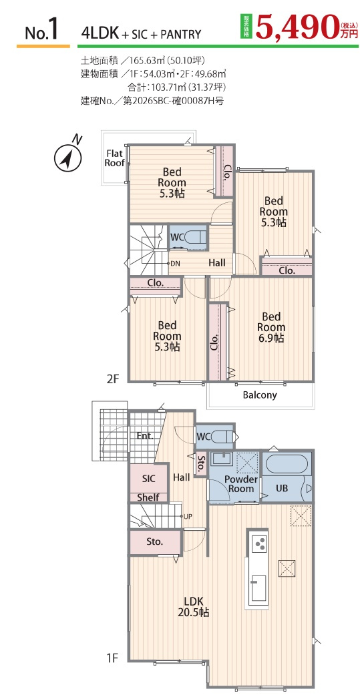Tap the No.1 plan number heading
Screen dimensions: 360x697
(x=42, y=29)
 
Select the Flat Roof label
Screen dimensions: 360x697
(x=114, y=158)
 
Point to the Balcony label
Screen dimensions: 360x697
(x=260, y=395)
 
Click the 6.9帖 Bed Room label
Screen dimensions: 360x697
(x=271, y=328)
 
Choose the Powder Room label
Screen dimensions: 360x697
(x=241, y=484)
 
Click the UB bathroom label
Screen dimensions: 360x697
(x=282, y=487)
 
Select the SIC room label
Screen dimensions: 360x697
(x=148, y=479)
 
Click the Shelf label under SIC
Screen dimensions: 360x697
(x=148, y=498)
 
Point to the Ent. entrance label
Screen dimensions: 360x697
(x=145, y=435)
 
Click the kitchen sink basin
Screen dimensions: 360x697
(x=258, y=588)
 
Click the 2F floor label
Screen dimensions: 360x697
(x=113, y=379)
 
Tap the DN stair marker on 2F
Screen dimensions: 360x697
(x=175, y=263)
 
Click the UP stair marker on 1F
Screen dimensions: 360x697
(x=188, y=516)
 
